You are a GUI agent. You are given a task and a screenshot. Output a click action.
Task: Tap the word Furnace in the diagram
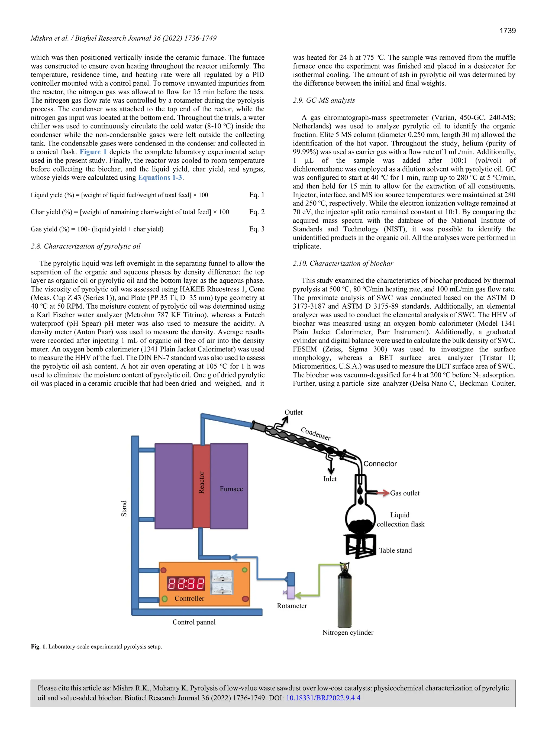(x=231, y=489)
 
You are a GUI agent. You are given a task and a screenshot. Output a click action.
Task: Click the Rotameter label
(x=292, y=606)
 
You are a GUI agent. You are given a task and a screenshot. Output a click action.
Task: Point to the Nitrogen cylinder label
(x=348, y=632)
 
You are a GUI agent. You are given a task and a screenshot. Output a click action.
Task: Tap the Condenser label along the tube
(x=316, y=434)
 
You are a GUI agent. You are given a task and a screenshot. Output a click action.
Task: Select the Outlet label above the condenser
(x=293, y=412)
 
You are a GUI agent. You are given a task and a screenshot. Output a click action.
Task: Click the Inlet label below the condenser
(x=330, y=479)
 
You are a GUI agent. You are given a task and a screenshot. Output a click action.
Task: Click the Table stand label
(x=395, y=550)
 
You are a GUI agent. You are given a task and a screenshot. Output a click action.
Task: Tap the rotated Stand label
(x=124, y=509)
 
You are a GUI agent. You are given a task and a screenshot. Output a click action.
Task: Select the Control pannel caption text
(x=194, y=622)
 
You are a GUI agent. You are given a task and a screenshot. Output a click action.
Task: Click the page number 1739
(x=508, y=31)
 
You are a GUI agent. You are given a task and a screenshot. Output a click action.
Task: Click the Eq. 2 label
(x=257, y=212)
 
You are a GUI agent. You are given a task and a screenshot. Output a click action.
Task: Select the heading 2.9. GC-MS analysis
(x=324, y=100)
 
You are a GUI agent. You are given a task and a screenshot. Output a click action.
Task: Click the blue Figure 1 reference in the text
(x=93, y=152)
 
